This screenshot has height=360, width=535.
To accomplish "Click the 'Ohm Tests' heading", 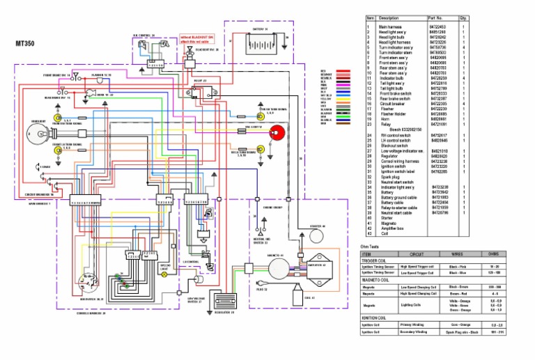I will coord(369,246).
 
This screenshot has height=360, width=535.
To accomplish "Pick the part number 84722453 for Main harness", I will coord(437,26).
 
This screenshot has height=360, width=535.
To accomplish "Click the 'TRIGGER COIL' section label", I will coord(373,260).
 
